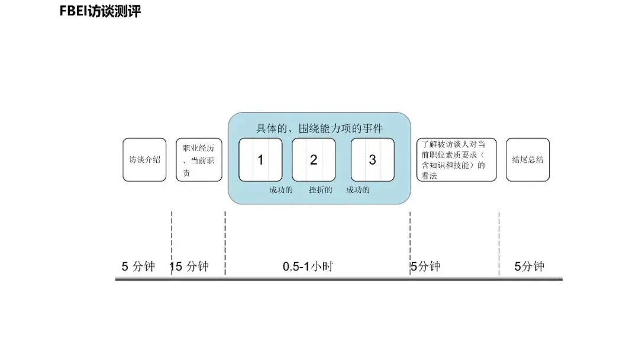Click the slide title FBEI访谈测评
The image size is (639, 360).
[x=101, y=11]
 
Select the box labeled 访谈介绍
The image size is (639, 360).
[x=144, y=160]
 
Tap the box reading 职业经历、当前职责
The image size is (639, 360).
[x=199, y=160]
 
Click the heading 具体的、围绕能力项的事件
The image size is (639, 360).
[x=319, y=127]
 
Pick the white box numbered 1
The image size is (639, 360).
[x=260, y=160]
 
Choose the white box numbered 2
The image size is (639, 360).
[x=314, y=160]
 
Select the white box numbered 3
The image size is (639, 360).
[x=372, y=160]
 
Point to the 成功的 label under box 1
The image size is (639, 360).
[x=280, y=191]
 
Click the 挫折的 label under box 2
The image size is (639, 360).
[x=320, y=191]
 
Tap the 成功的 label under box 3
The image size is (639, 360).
[x=358, y=191]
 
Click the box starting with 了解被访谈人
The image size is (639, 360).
[x=456, y=160]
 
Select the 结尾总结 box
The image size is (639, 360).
[x=528, y=160]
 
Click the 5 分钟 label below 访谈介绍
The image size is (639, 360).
[x=138, y=266]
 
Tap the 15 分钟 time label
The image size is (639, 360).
[x=190, y=266]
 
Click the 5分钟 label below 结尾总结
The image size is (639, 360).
[x=529, y=266]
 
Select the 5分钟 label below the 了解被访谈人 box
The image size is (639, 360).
[x=426, y=266]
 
